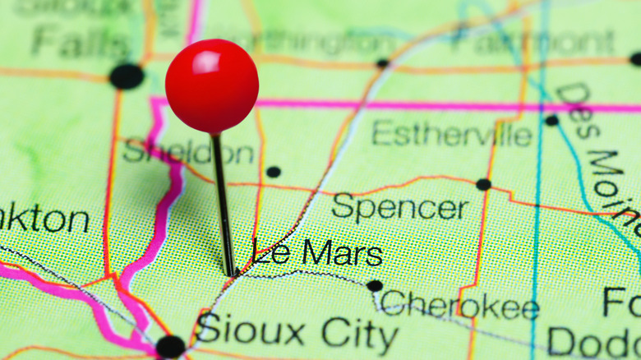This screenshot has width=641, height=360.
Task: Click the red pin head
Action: click(x=212, y=86)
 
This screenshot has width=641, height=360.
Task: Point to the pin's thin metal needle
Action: click(x=223, y=205)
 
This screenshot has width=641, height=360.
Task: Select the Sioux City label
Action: click(x=297, y=331)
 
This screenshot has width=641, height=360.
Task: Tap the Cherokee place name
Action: click(x=459, y=306)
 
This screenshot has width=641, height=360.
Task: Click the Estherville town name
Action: click(x=451, y=133)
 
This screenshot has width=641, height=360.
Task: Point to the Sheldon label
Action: click(x=188, y=152)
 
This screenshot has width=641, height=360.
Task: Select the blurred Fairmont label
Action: click(x=542, y=40)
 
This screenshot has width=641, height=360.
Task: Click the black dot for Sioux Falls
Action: click(x=127, y=76)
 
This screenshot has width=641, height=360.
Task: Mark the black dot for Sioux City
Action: click(x=170, y=346)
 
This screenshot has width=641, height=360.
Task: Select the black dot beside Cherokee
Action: click(x=375, y=285)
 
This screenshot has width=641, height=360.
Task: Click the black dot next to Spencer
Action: click(x=483, y=184)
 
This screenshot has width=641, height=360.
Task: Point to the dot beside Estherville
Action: click(x=551, y=120)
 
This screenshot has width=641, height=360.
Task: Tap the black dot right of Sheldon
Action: click(x=273, y=172)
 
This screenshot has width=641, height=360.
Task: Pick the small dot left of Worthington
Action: click(x=382, y=63)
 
